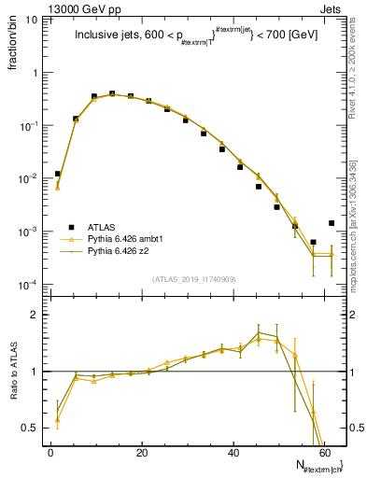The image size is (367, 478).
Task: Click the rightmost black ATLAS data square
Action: point(332,223)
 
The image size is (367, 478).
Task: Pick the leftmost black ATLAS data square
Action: point(57,174)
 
